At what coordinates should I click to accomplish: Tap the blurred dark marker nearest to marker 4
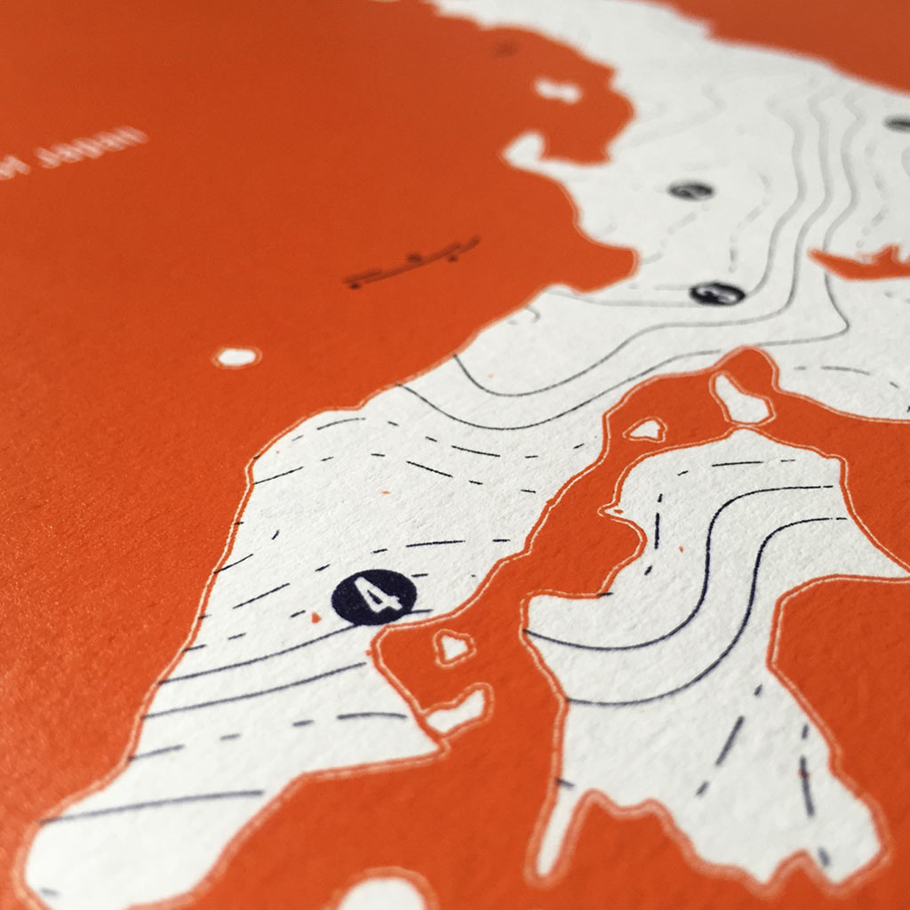pos(717,292)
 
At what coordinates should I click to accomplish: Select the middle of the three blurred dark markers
pos(690,189)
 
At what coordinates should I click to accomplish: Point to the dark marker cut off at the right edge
pos(899,124)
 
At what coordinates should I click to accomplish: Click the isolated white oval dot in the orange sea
pos(236,357)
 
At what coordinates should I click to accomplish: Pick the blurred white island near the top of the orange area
pos(557,90)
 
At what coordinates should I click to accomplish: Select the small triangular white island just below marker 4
pos(453,646)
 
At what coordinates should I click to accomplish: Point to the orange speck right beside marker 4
pos(315,616)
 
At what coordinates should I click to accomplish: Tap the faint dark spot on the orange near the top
pos(506,48)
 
